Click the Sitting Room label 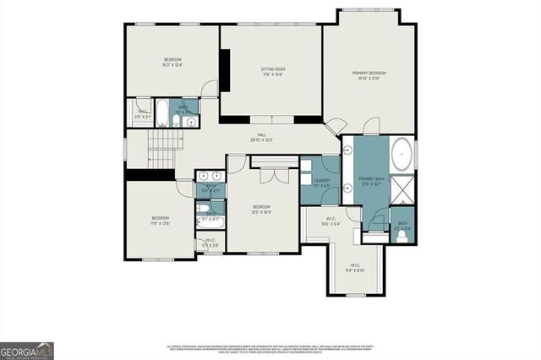click(x=270, y=72)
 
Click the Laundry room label click(x=320, y=182)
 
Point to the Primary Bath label click(x=372, y=182)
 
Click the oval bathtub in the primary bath click(x=402, y=156)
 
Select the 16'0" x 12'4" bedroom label click(x=172, y=62)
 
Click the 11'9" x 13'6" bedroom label click(x=161, y=221)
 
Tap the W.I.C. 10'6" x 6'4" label click(x=331, y=223)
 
